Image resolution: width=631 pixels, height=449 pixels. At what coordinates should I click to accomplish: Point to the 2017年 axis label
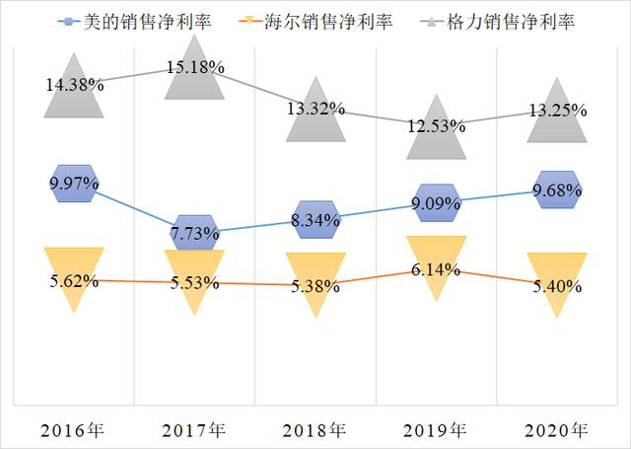[194, 429]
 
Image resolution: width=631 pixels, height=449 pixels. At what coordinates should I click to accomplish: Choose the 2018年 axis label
[315, 429]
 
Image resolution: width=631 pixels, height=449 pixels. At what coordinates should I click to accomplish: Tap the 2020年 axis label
[554, 429]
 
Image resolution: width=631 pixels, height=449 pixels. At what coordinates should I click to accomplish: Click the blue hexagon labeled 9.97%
[74, 184]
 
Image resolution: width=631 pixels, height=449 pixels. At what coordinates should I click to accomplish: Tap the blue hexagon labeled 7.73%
[194, 232]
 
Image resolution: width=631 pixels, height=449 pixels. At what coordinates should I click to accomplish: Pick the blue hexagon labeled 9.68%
[554, 189]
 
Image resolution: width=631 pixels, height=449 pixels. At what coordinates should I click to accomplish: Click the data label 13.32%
[315, 109]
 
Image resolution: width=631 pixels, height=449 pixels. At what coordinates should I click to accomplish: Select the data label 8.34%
[315, 219]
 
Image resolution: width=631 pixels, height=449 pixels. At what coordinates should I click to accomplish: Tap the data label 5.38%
[315, 287]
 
